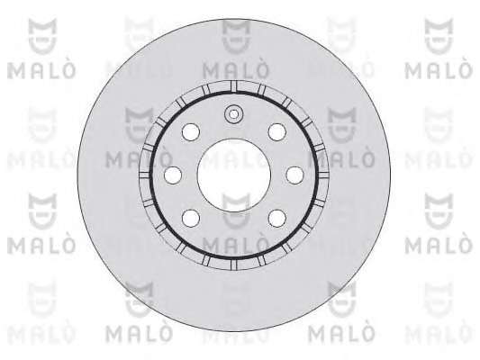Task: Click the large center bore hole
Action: click(234, 175)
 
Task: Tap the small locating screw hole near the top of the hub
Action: click(233, 114)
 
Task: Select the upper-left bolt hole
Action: click(191, 132)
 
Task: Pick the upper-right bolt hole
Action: click(277, 132)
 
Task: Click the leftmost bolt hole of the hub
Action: click(173, 175)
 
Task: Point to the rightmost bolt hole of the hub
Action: click(294, 175)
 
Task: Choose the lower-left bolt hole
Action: click(191, 219)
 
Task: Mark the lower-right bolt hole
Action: click(277, 219)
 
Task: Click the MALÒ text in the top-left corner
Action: click(41, 71)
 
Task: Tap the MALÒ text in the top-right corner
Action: click(439, 71)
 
